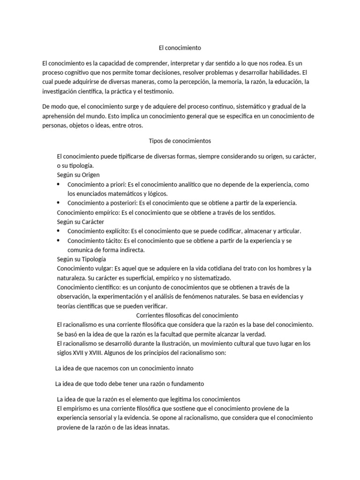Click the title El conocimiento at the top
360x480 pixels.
180,48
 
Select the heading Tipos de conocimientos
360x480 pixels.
180,141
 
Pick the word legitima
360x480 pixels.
180,399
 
